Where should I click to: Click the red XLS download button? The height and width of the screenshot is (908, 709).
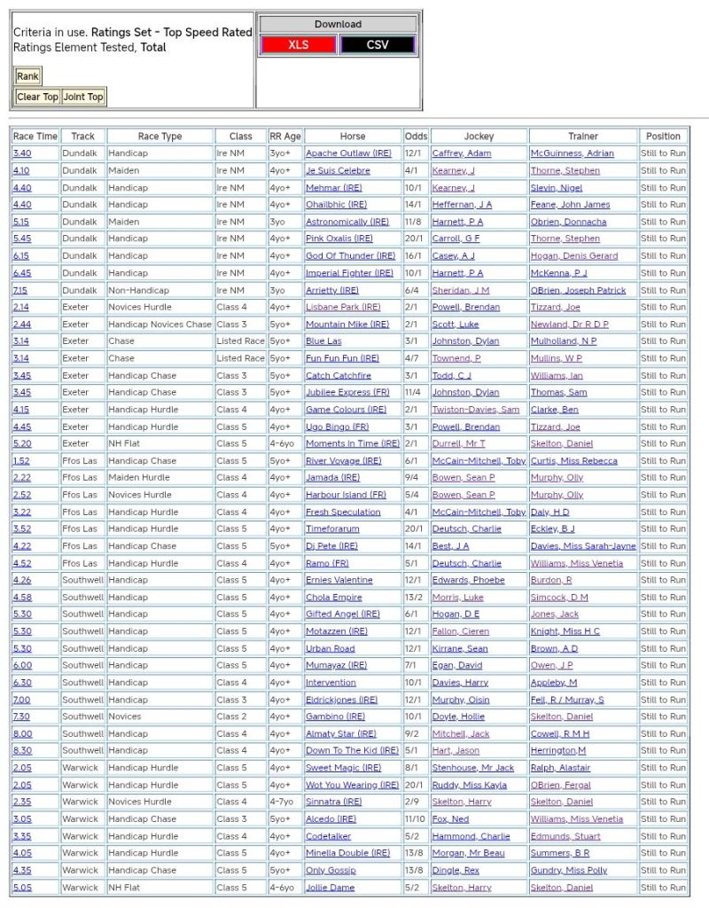[x=299, y=44]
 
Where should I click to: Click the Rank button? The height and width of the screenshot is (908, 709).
[x=27, y=76]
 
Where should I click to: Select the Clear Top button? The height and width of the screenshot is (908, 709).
[x=37, y=97]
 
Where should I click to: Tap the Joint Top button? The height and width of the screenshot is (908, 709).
[x=83, y=97]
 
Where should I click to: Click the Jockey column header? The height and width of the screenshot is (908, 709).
[x=479, y=137]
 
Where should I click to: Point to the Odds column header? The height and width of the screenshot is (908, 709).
[x=416, y=137]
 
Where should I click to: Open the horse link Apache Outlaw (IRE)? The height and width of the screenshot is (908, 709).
[x=347, y=153]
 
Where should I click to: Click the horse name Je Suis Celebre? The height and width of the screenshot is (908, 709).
[x=338, y=170]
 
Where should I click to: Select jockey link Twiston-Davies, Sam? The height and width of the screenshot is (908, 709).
[x=475, y=410]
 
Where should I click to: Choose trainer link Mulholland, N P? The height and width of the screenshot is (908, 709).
[x=563, y=341]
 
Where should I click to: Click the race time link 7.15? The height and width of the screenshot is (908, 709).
[x=20, y=290]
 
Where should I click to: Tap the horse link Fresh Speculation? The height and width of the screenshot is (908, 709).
[x=343, y=512]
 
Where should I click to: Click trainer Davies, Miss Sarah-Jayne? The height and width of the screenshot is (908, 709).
[x=582, y=546]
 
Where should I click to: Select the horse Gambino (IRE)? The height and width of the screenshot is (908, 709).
[x=335, y=716]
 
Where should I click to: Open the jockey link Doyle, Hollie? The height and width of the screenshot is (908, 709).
[x=458, y=716]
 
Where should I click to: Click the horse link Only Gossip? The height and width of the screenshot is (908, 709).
[x=331, y=870]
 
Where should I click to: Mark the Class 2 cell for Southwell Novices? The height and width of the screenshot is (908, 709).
[x=232, y=716]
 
